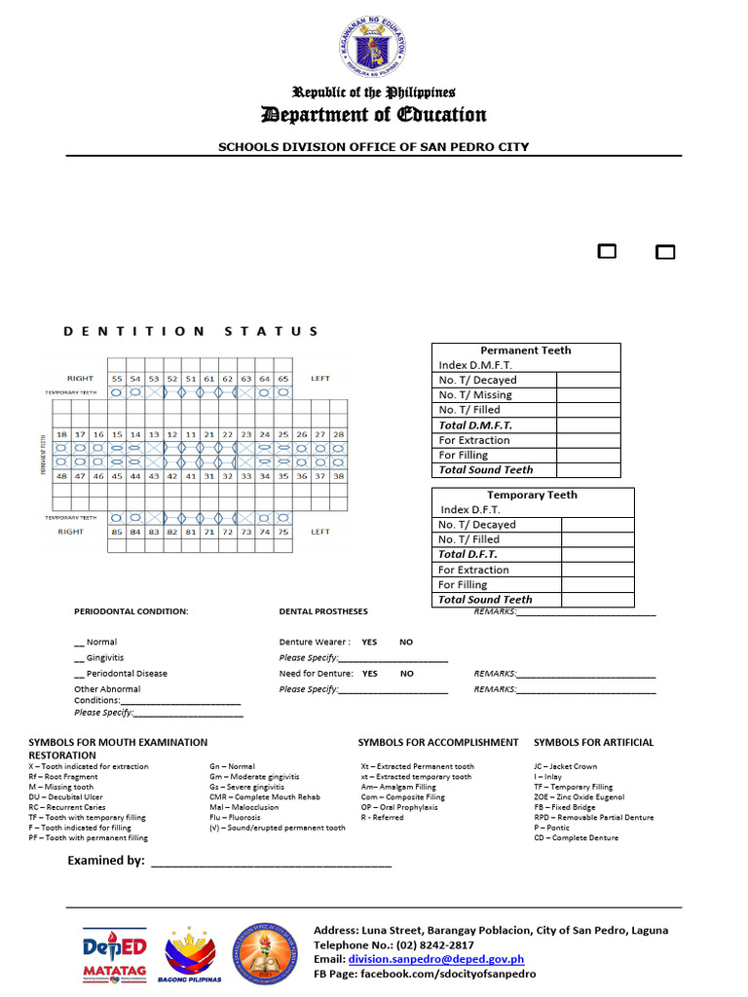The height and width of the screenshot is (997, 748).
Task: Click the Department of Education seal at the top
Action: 374,49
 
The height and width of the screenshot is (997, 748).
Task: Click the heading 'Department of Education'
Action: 374,115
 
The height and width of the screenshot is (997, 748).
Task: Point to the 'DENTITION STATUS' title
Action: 191,331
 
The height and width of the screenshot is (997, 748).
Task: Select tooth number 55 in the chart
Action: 117,378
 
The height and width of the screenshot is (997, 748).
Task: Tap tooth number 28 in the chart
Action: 338,434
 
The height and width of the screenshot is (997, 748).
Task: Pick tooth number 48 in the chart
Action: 61,476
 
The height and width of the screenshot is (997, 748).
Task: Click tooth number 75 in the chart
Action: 282,532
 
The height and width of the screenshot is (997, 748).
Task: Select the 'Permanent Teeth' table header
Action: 526,351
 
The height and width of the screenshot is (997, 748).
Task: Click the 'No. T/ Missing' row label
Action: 475,395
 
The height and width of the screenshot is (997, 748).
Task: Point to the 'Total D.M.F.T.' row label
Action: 475,425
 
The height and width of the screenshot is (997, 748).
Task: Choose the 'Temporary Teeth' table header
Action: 532,495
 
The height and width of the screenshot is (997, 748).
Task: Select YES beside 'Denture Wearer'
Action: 369,643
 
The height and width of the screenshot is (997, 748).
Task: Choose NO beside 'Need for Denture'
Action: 406,674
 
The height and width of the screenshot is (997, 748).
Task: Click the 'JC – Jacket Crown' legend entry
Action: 566,767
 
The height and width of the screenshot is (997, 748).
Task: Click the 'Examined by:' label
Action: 105,861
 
